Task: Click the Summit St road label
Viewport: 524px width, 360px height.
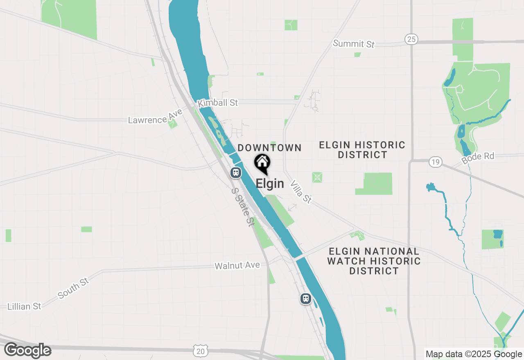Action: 354,43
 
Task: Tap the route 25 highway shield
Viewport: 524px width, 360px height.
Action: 411,39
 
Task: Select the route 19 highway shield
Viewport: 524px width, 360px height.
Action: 436,162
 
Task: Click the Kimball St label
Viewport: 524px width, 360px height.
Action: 218,103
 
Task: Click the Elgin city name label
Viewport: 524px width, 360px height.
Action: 270,183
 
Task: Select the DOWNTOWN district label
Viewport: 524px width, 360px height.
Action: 270,148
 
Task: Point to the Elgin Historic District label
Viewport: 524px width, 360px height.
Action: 362,150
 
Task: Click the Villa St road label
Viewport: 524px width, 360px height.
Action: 301,191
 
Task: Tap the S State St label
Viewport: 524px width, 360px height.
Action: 242,207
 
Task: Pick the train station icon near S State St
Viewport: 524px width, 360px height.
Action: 235,172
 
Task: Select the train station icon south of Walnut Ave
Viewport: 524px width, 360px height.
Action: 305,299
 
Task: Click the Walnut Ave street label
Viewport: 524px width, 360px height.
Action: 237,265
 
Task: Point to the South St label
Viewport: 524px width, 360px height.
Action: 73,288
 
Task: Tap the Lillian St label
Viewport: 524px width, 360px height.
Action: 25,306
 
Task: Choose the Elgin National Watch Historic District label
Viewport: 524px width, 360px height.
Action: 374,261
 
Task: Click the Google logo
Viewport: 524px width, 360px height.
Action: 28,351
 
